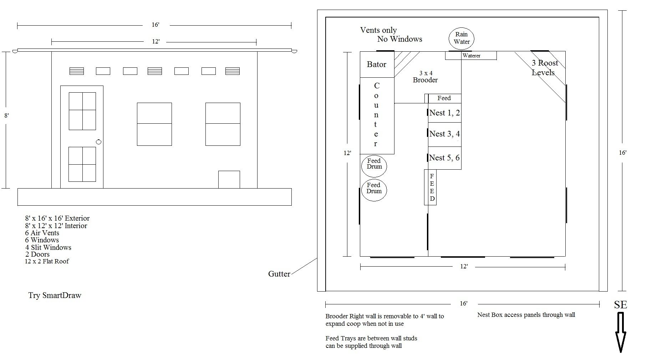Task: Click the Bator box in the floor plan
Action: tap(377, 65)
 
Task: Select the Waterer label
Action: tap(472, 56)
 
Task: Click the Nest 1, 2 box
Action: tap(445, 113)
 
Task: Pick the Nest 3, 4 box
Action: tap(445, 134)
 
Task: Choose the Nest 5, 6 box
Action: tap(445, 158)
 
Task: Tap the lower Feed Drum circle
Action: tap(374, 190)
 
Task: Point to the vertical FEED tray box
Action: tap(430, 187)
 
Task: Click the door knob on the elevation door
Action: tap(99, 142)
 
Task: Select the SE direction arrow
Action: tap(621, 332)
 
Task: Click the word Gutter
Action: tap(279, 274)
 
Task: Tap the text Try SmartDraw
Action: tap(55, 295)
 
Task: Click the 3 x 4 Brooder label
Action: tap(425, 77)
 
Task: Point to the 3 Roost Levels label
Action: tap(544, 68)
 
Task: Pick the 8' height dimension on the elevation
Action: tap(6, 115)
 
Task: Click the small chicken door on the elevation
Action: tap(229, 179)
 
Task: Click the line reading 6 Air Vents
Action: tap(42, 233)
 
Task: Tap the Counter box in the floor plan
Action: tap(377, 116)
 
